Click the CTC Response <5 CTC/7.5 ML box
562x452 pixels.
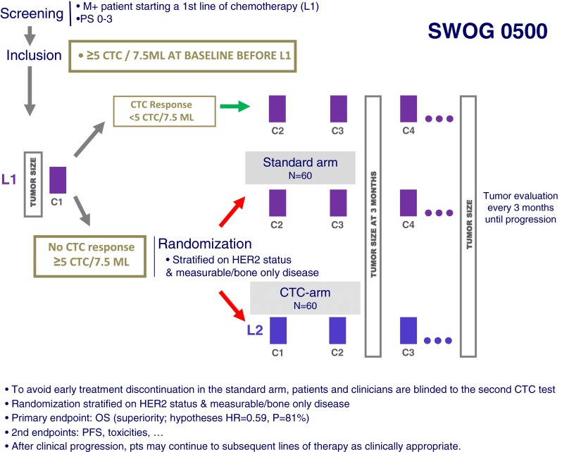point(157,111)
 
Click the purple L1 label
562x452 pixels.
point(9,180)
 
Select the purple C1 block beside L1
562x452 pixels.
point(58,180)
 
